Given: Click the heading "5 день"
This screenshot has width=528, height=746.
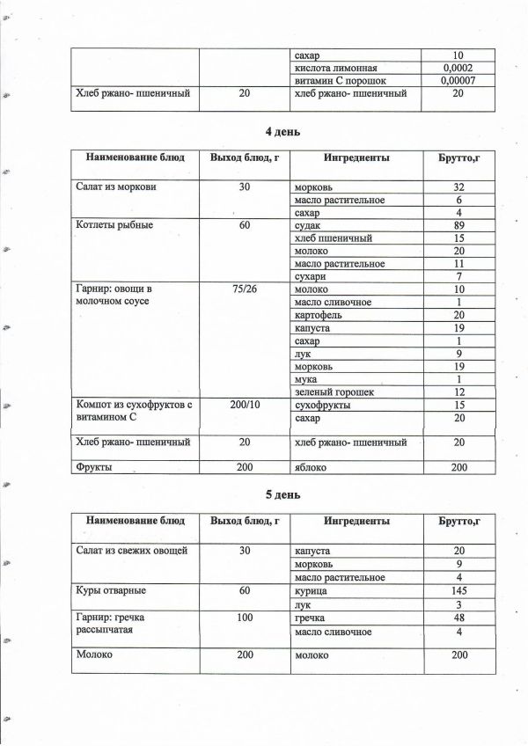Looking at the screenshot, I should [282, 494].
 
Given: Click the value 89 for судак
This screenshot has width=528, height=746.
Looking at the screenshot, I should [458, 226].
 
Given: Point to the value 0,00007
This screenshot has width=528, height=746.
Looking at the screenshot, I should [458, 80].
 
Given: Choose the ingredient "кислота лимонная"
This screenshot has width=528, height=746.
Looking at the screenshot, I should [338, 67].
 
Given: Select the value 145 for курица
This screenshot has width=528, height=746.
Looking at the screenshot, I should [458, 590].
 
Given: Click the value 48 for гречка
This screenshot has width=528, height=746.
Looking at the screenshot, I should [458, 618].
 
